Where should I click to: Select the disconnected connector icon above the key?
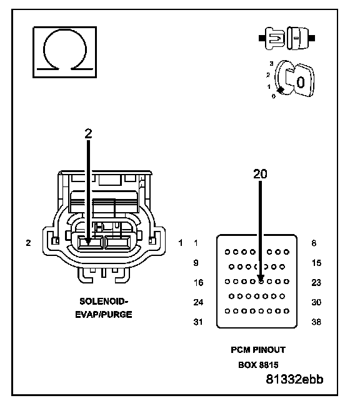click(287, 38)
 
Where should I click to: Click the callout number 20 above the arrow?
click(260, 173)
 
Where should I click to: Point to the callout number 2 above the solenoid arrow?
click(88, 133)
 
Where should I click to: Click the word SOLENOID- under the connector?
click(104, 302)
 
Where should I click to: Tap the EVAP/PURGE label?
click(104, 314)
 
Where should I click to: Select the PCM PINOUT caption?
click(258, 350)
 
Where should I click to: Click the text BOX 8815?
click(258, 365)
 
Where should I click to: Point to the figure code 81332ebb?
click(294, 379)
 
